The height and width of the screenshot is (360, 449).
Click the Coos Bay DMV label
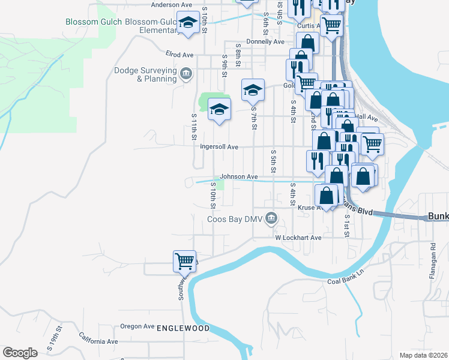click(235, 219)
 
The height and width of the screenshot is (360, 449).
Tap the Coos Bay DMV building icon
click(272, 217)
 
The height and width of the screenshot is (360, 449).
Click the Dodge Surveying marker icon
click(186, 74)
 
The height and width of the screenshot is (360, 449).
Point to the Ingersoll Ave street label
click(219, 146)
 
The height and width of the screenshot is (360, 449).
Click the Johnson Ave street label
click(238, 177)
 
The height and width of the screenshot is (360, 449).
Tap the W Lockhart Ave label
click(299, 238)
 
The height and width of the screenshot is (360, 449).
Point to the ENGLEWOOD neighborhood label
click(183, 328)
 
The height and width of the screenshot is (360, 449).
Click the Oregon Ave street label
click(137, 326)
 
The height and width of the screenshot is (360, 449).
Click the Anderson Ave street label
click(170, 5)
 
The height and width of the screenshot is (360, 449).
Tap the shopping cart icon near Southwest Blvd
click(184, 261)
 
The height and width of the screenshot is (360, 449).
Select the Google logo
click(20, 353)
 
